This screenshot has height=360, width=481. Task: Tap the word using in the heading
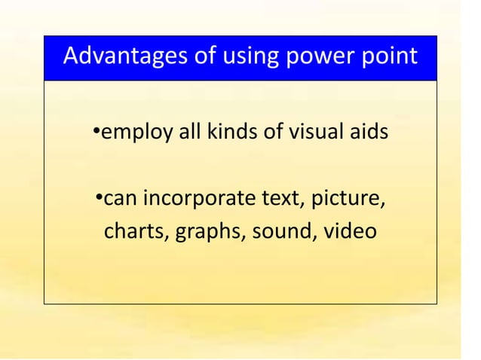pos(247,58)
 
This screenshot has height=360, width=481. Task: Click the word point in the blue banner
pos(388,58)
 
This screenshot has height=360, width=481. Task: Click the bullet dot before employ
pos(97,133)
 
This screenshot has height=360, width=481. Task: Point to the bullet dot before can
pos(99,199)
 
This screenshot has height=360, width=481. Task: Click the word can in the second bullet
pos(120,200)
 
